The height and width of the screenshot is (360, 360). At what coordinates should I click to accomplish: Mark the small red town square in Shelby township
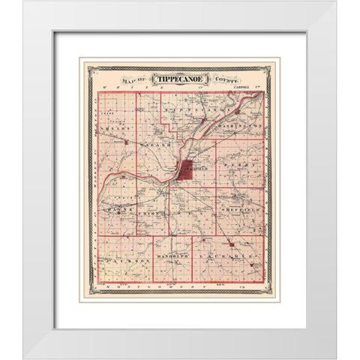127,141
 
